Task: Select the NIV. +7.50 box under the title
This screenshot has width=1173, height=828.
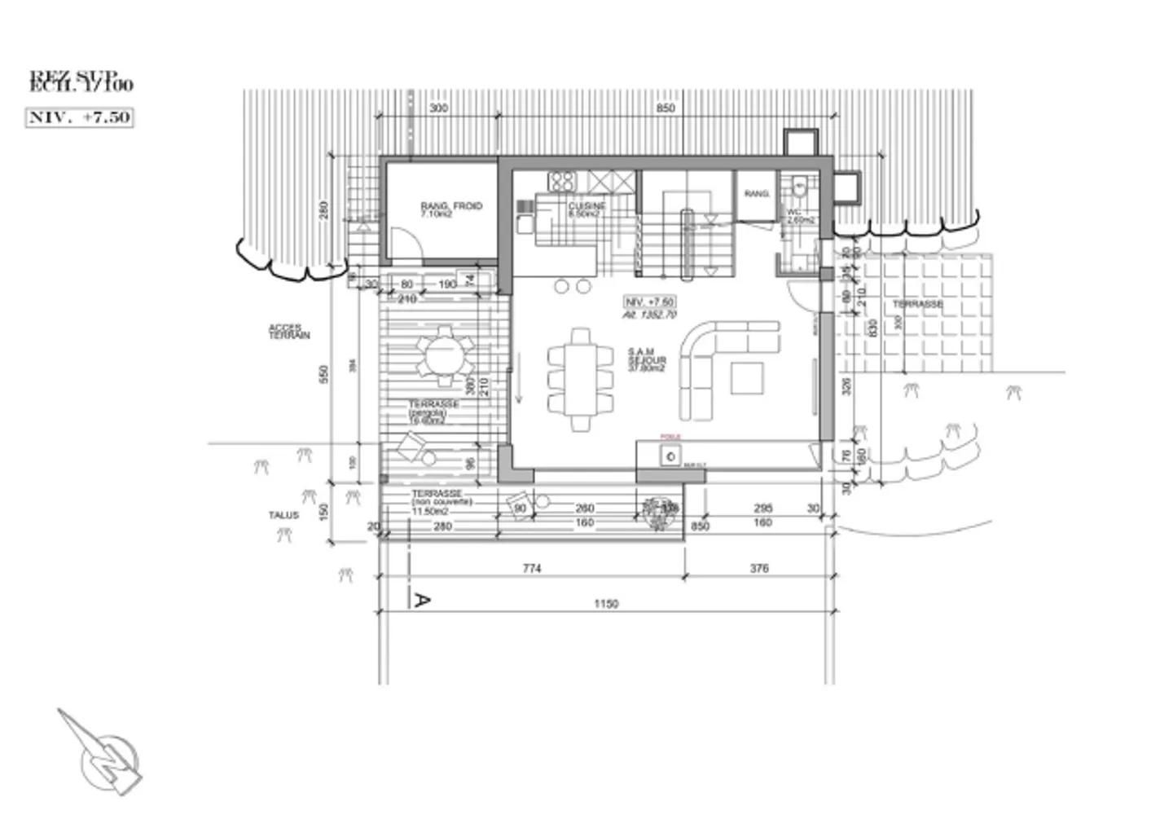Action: [x=79, y=117]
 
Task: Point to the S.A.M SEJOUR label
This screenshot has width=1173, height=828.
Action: [x=647, y=359]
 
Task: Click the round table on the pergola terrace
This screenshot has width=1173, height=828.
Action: [x=445, y=355]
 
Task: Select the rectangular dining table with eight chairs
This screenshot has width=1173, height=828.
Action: [x=580, y=379]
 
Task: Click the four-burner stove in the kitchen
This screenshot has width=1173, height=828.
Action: [x=562, y=180]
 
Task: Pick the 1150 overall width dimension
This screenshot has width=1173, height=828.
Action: [x=605, y=604]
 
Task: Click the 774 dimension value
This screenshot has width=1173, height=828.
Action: [x=531, y=568]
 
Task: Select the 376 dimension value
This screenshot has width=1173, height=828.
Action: [x=758, y=568]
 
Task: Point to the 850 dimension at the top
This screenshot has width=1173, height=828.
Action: [x=665, y=108]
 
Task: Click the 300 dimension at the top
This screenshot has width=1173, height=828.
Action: [x=438, y=108]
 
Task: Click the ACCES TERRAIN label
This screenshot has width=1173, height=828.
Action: [x=289, y=332]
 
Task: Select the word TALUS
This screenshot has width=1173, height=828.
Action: [x=283, y=515]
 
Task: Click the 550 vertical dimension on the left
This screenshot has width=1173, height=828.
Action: [x=323, y=374]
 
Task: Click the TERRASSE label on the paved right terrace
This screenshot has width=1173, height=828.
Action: [x=917, y=304]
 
